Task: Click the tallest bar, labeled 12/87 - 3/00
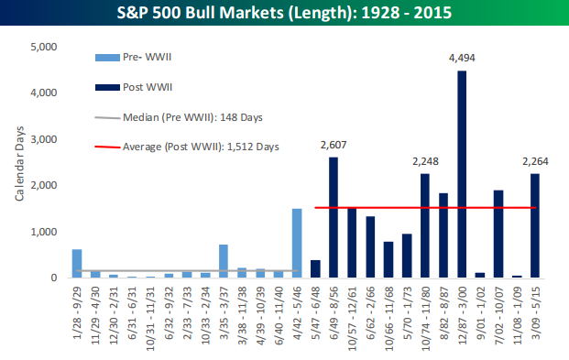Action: (x=462, y=174)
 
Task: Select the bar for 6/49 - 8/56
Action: (x=334, y=217)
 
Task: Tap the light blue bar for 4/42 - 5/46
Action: (x=297, y=243)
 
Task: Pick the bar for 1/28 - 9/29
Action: (x=77, y=264)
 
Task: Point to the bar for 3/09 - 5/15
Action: (x=535, y=225)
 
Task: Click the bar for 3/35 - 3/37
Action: (x=224, y=261)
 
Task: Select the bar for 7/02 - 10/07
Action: (x=498, y=235)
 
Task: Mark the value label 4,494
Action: (x=462, y=58)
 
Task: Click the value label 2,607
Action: (x=334, y=145)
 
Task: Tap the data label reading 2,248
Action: (x=425, y=161)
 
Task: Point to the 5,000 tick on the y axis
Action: (x=44, y=47)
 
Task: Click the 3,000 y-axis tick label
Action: (x=44, y=139)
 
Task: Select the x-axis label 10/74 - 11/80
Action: (x=425, y=318)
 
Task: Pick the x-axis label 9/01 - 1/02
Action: (x=480, y=312)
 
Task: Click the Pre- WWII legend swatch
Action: (x=107, y=58)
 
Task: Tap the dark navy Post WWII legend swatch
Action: (x=107, y=87)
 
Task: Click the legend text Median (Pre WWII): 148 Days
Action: (x=192, y=117)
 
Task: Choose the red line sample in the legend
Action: (x=107, y=147)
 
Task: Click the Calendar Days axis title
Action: (x=19, y=163)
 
